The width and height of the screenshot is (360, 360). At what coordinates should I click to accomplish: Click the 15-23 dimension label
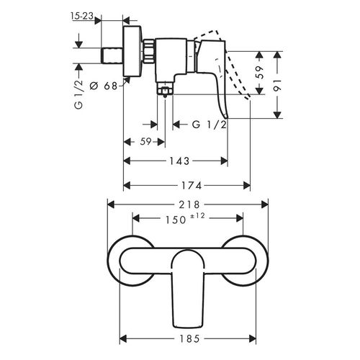(82, 16)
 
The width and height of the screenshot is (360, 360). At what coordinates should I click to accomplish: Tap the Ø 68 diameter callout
(104, 86)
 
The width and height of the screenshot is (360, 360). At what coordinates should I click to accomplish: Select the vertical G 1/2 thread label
(78, 94)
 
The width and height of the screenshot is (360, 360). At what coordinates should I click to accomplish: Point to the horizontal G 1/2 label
(210, 125)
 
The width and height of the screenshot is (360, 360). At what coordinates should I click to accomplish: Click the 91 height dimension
(277, 86)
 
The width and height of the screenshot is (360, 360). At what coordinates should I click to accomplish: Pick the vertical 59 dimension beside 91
(259, 73)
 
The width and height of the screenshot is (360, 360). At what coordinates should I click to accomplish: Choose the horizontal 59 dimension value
(146, 142)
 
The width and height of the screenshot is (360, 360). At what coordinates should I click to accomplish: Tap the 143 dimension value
(179, 161)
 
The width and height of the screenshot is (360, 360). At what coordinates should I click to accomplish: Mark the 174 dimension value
(192, 186)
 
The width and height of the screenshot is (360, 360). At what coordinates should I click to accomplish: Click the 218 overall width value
(189, 204)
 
